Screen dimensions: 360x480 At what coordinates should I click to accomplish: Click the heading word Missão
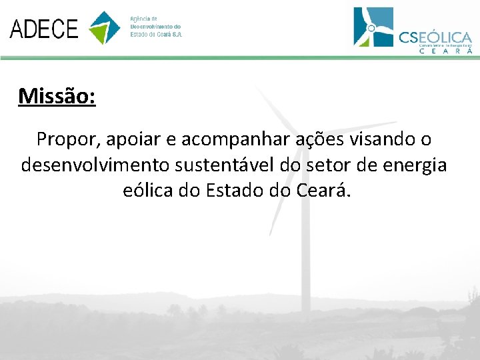coord(57,97)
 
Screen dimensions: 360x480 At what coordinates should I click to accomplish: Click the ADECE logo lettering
coord(44,29)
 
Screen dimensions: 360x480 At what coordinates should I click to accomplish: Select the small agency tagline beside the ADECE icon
coord(155,27)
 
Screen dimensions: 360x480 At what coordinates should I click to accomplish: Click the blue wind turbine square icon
coord(373,27)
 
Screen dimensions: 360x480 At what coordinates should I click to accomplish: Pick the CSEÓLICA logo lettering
coord(435,37)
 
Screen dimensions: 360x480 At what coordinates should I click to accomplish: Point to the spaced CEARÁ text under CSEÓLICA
coord(445,51)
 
